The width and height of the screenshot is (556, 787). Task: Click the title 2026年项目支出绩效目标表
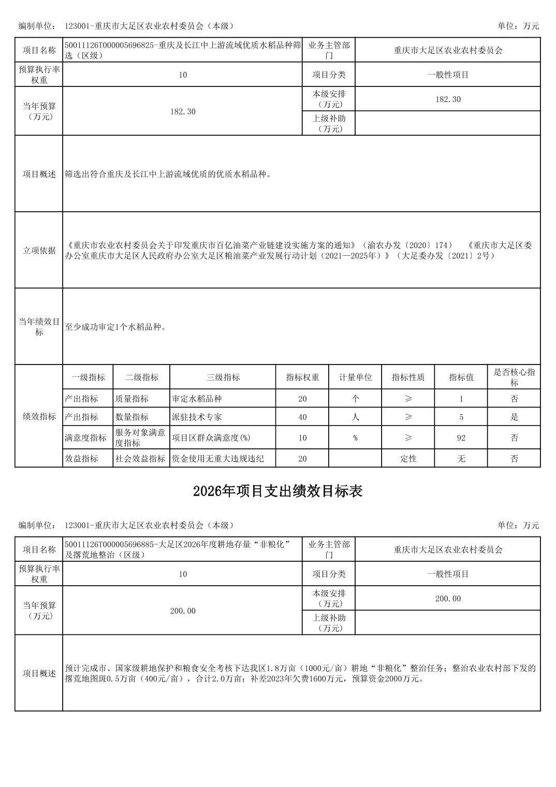277,491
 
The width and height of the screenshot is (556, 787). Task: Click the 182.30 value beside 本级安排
448,99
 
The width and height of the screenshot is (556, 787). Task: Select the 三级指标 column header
223,377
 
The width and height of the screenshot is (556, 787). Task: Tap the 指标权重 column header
302,377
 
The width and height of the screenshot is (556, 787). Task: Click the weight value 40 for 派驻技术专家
302,417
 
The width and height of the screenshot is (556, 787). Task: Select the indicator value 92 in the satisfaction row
461,438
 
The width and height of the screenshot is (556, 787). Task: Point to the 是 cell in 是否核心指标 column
514,417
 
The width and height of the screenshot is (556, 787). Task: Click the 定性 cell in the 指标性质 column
408,459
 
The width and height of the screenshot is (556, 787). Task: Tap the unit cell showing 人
355,417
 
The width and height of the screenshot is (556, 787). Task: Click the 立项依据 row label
39,251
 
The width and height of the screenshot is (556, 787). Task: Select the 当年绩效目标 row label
39,327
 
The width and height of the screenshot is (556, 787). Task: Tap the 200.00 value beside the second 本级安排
448,599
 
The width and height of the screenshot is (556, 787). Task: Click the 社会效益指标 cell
140,459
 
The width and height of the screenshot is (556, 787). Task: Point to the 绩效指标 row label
39,417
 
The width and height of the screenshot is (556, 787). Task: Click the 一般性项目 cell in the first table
448,75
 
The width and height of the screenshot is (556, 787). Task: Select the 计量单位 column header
355,377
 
